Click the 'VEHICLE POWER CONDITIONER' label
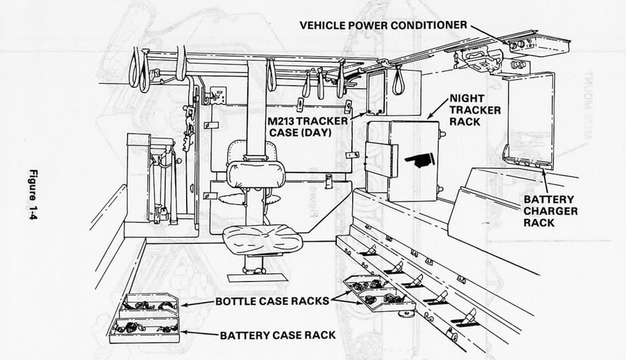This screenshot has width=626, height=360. click(383, 25)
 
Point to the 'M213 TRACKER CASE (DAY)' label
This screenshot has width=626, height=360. click(308, 126)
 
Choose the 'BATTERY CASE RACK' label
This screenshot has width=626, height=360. click(278, 335)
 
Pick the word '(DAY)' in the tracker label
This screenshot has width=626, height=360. click(328, 132)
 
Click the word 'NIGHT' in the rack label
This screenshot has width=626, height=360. click(467, 99)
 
